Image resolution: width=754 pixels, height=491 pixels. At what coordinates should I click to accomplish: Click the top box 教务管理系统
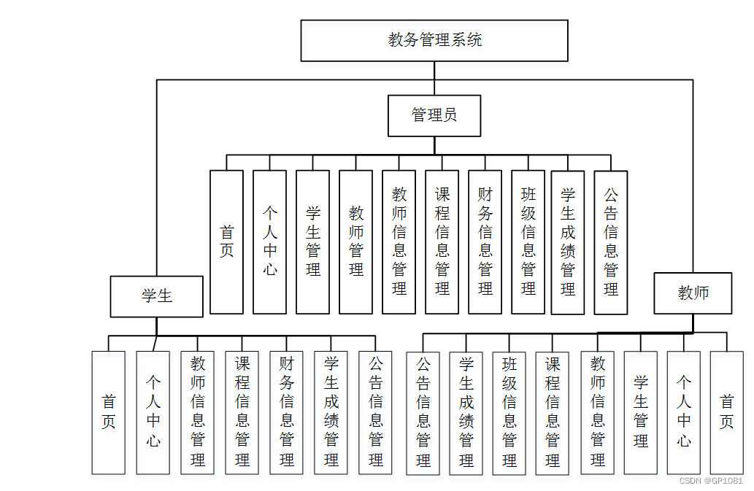(x=434, y=40)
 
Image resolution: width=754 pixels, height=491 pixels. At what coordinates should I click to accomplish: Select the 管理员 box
(x=434, y=115)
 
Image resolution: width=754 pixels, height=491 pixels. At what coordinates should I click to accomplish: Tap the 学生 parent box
(x=157, y=296)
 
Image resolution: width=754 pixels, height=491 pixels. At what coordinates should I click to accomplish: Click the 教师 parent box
(x=693, y=293)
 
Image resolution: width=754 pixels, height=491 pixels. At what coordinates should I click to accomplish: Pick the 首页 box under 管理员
(x=226, y=241)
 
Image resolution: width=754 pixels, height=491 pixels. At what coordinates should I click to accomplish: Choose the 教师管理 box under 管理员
(x=355, y=241)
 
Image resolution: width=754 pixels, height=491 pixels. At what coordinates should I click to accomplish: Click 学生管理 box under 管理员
(x=312, y=241)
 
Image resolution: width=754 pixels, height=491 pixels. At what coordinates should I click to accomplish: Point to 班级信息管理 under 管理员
(x=528, y=241)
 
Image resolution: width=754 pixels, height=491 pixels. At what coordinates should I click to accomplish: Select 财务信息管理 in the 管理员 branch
(x=485, y=241)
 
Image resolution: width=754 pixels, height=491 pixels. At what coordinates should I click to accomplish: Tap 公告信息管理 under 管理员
(x=611, y=242)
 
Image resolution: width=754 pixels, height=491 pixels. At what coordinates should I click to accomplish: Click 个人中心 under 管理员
(x=269, y=241)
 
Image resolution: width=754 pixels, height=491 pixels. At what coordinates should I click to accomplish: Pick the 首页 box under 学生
(x=108, y=412)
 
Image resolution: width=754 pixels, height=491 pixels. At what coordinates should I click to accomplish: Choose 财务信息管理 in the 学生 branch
(x=286, y=412)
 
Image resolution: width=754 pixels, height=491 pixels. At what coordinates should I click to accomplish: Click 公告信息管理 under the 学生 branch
(x=375, y=412)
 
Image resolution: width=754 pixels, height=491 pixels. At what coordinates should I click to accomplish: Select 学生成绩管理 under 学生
(x=331, y=412)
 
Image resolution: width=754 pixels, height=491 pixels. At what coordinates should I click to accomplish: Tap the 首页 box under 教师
(x=726, y=412)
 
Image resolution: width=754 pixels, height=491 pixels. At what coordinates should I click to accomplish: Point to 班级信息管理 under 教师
(x=509, y=413)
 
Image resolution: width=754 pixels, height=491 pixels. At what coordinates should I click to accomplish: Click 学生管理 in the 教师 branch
(x=640, y=412)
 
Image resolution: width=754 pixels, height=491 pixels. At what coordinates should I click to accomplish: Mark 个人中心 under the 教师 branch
(x=683, y=412)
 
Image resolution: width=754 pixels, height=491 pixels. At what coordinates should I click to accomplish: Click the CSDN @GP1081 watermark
(x=710, y=481)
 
